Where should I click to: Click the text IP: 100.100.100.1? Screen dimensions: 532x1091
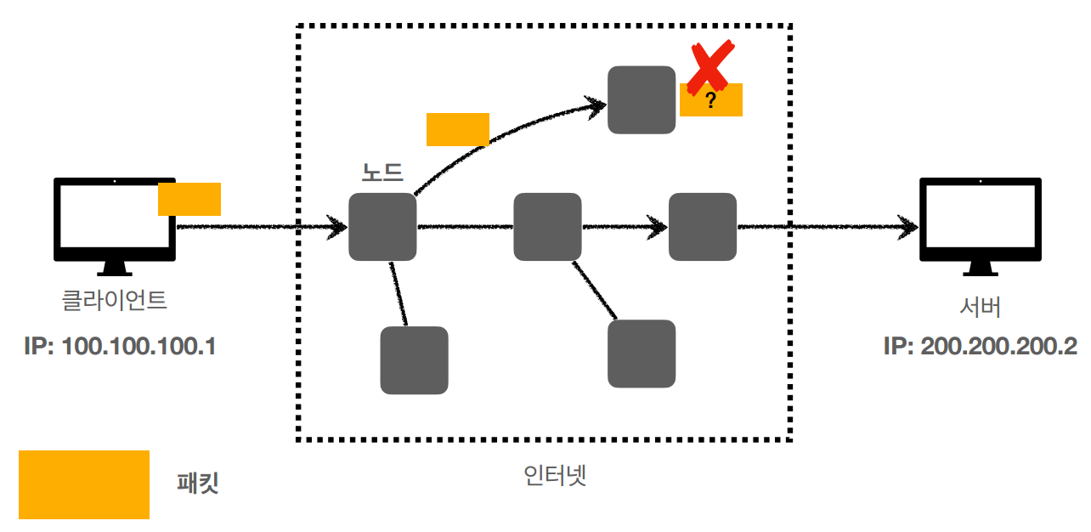coord(119,347)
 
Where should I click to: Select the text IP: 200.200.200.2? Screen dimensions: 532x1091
coord(981,347)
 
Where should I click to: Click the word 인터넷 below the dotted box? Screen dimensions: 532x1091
coord(557,475)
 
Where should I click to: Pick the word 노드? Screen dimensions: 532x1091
coord(382,173)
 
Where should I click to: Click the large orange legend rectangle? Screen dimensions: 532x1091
coord(84,484)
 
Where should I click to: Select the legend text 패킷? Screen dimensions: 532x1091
coord(198,484)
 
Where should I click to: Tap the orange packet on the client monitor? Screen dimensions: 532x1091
coord(189,199)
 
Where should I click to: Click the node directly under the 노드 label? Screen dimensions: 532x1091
coord(382,227)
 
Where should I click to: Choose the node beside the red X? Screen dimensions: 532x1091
coord(642,99)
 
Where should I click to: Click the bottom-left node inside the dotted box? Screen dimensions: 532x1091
coord(414,360)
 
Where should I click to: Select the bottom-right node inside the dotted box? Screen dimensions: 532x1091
coord(642,354)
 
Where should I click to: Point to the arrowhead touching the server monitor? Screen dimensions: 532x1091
coord(909,228)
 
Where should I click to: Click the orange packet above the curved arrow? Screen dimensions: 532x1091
coord(458,129)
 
